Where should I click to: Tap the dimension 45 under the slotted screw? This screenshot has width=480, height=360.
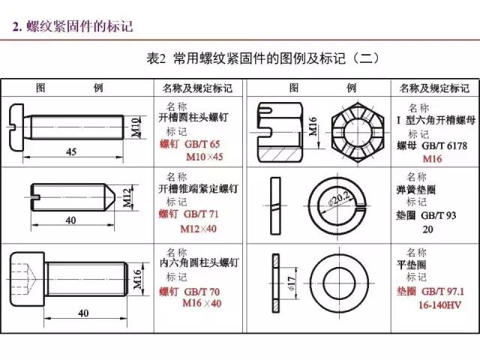[71, 151]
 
